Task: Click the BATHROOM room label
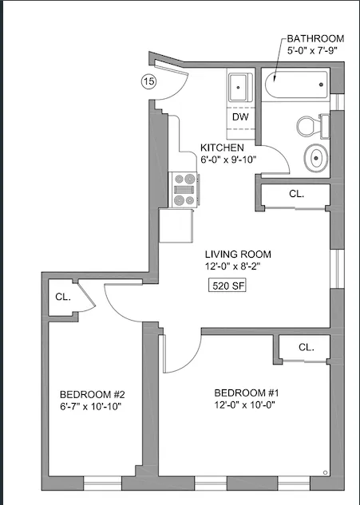pyautogui.click(x=315, y=38)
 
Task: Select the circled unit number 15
pyautogui.click(x=148, y=81)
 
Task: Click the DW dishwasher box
pyautogui.click(x=239, y=116)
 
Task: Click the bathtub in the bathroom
pyautogui.click(x=296, y=82)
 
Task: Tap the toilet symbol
pyautogui.click(x=311, y=125)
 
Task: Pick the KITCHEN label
pyautogui.click(x=222, y=148)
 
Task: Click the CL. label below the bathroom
pyautogui.click(x=296, y=194)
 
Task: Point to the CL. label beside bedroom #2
pyautogui.click(x=63, y=297)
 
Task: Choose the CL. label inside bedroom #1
pyautogui.click(x=307, y=347)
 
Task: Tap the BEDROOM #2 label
pyautogui.click(x=90, y=394)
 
